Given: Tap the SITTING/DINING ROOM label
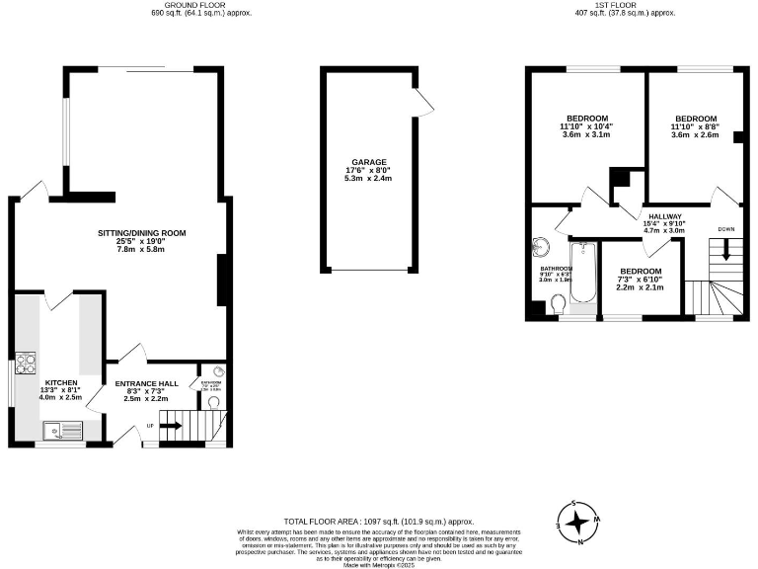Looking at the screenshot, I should [x=141, y=233].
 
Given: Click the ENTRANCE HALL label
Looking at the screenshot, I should [x=146, y=383].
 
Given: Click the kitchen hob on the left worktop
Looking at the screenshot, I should [x=25, y=363].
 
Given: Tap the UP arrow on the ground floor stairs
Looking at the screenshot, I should [x=170, y=427].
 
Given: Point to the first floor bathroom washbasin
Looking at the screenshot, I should [x=541, y=245].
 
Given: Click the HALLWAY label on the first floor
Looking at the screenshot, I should [x=664, y=216].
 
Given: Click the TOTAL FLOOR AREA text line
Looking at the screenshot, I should [x=379, y=521].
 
